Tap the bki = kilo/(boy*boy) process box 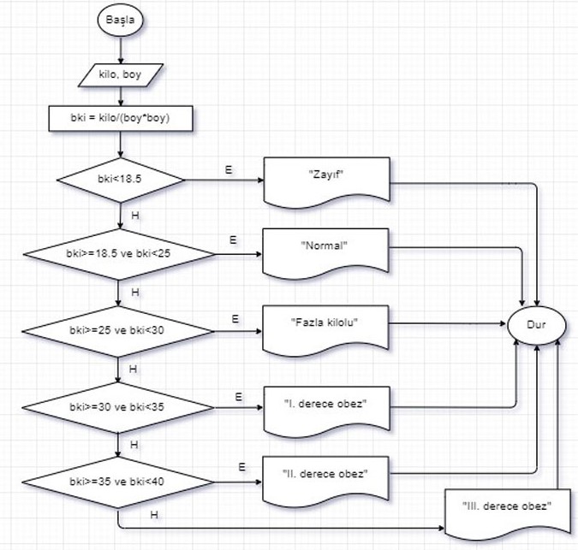click(120, 118)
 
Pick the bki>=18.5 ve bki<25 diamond click(121, 255)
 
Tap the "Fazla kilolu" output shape click(324, 325)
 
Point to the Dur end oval click(537, 325)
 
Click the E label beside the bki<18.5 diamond click(229, 170)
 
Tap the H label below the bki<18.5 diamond click(134, 216)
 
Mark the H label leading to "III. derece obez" click(153, 514)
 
